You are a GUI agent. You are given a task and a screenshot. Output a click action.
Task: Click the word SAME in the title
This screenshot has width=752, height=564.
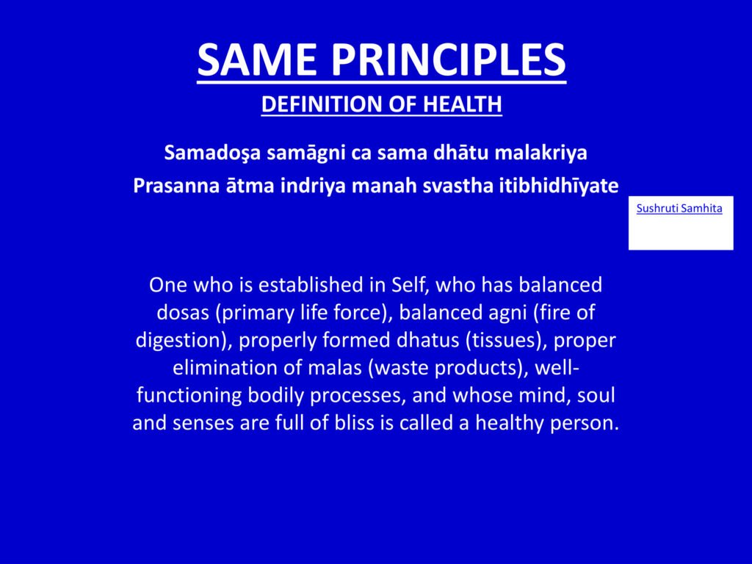[x=256, y=59]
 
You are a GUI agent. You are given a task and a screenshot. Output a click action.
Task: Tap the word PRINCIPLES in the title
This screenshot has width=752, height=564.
[x=449, y=59]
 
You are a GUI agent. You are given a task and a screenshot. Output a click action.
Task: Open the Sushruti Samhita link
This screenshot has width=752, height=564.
[x=679, y=208]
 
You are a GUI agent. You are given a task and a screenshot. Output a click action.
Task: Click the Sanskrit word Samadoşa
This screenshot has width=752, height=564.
[x=212, y=153]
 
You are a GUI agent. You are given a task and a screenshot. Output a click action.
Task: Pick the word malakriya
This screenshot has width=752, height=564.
[x=540, y=153]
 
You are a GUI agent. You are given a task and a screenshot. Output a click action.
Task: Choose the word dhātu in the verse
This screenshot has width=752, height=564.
[x=461, y=153]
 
